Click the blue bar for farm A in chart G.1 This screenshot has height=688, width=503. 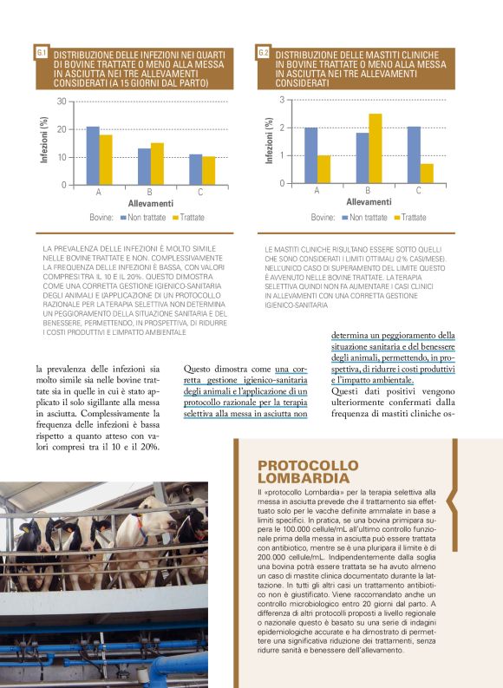93,155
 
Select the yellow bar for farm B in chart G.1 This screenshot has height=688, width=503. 157,164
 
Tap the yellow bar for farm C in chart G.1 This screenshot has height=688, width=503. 208,170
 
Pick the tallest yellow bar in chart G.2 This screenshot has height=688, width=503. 375,148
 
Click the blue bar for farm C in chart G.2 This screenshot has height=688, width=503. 414,154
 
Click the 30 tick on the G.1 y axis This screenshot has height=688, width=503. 62,102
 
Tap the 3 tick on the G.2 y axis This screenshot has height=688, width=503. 281,101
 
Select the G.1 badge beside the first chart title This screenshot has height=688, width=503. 42,54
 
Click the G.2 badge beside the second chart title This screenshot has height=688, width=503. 264,54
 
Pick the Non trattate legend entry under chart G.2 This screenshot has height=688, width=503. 364,217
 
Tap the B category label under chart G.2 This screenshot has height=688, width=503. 368,190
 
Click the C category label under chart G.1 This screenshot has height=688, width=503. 202,192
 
